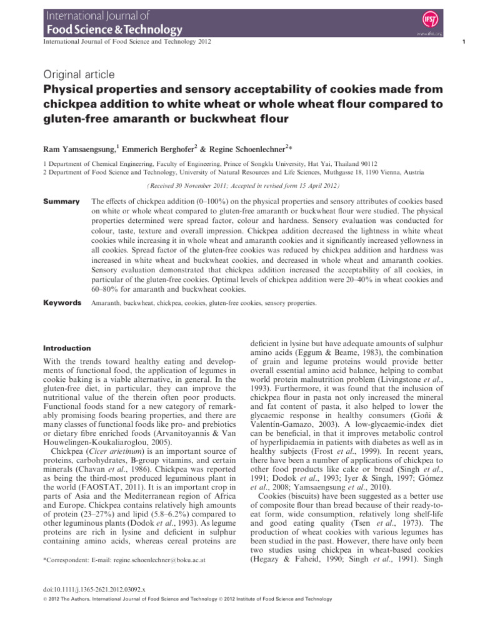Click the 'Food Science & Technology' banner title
112,29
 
